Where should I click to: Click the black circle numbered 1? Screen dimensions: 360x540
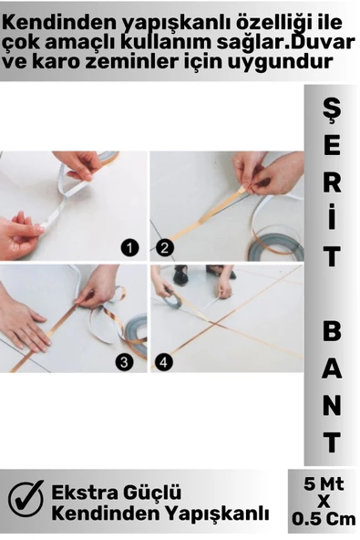[x=129, y=248]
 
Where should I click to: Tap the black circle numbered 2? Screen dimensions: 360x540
[x=165, y=248]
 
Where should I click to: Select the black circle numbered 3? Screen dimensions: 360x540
[x=124, y=362]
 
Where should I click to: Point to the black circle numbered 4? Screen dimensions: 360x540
[x=163, y=362]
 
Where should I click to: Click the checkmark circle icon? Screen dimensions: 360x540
[x=26, y=499]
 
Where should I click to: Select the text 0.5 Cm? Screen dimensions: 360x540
[x=324, y=519]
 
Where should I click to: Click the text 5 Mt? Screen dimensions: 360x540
[x=324, y=484]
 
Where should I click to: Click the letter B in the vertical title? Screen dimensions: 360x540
[x=332, y=331]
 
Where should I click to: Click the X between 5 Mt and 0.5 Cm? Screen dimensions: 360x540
[x=324, y=502]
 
